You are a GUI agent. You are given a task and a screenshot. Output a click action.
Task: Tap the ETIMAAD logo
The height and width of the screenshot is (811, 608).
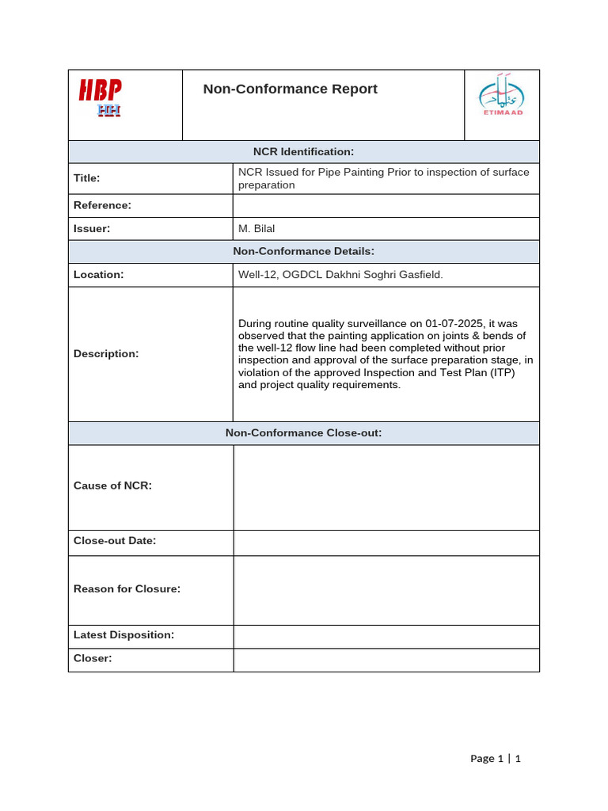[x=502, y=96]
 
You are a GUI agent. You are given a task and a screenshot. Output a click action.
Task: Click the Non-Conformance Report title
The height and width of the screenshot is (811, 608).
[x=290, y=89]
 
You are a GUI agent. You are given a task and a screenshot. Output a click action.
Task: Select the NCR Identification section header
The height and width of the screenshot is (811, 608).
[x=303, y=151]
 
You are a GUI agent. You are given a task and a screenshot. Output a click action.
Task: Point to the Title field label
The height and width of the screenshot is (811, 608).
[x=86, y=178]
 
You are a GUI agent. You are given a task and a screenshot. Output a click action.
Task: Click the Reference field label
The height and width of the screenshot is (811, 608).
[x=102, y=205]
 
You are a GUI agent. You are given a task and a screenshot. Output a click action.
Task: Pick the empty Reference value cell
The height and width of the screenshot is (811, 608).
[x=386, y=206]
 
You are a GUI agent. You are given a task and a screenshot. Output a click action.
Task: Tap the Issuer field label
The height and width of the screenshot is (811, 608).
[x=92, y=228]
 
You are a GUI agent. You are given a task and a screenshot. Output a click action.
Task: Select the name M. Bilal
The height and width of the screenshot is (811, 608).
[x=256, y=228]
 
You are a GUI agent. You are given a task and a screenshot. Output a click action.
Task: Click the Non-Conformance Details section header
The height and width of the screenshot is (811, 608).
[x=303, y=251]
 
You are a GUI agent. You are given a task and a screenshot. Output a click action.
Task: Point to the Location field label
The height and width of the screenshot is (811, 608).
[x=98, y=274]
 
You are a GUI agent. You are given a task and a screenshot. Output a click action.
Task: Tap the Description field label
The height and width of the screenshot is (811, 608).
[x=106, y=353]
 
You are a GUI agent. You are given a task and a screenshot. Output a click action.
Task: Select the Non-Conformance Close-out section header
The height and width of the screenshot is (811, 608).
[x=303, y=432]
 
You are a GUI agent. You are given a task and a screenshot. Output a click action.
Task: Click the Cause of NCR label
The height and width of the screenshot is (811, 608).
[x=112, y=485]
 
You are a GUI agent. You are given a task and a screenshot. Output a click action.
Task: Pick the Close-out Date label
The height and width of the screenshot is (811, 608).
[x=115, y=540]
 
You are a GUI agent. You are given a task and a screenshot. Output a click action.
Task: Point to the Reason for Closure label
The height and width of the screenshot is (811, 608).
[x=127, y=588]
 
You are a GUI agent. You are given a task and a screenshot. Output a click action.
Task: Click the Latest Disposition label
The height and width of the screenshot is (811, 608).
[x=123, y=634]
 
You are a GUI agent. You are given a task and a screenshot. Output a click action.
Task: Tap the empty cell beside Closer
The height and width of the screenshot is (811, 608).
[x=386, y=659]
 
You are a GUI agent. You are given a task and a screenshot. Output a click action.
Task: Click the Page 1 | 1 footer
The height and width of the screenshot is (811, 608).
[x=496, y=758]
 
